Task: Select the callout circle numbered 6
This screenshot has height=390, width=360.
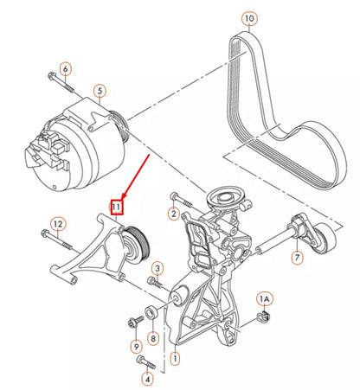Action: [x=65, y=68]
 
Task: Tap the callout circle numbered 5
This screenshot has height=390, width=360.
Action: [x=100, y=89]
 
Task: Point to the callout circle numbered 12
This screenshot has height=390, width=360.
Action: [x=57, y=224]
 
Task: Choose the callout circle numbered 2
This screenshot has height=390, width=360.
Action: [x=173, y=214]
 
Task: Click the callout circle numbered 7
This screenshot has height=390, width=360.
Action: [x=297, y=258]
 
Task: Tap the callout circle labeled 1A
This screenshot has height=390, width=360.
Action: [x=266, y=299]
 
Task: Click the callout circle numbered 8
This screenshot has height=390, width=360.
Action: [x=152, y=339]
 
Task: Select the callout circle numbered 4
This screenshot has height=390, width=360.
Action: [x=146, y=377]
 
